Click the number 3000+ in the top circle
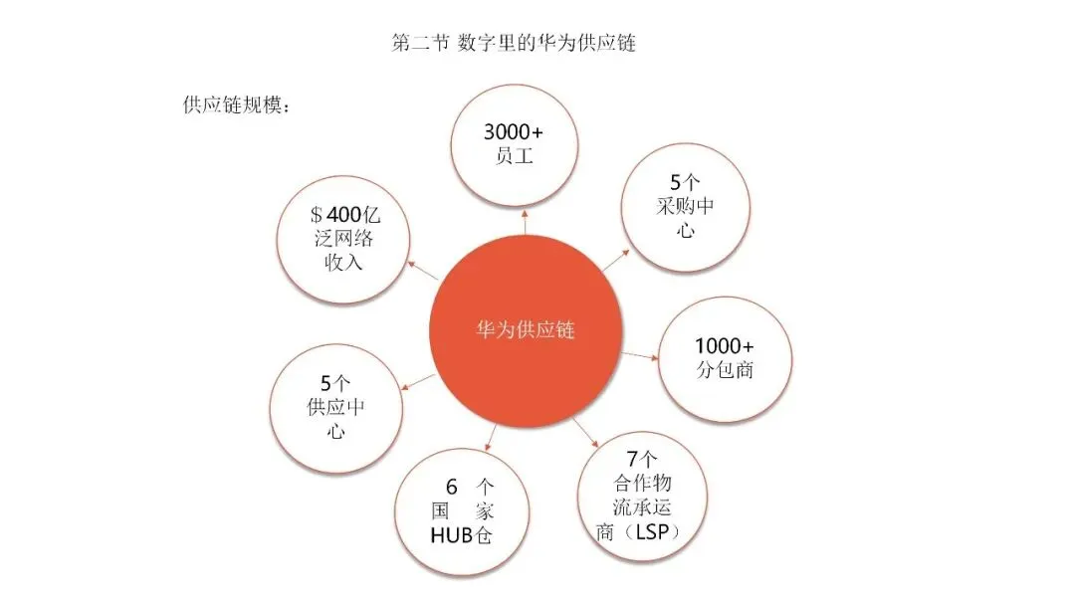point(514,132)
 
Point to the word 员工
point(514,156)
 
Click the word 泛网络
point(344,240)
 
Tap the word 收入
point(344,263)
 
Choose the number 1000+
point(725,345)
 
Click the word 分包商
point(725,370)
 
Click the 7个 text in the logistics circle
point(644,460)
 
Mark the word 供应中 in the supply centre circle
point(335,407)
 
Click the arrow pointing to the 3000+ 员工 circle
point(525,222)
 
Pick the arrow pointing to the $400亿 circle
point(424,271)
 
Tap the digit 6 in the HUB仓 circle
point(451,488)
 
